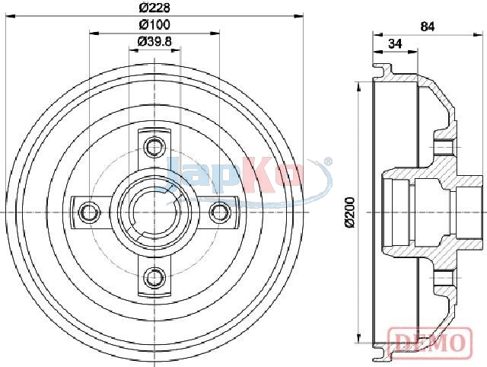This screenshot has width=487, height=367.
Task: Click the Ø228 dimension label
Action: [x=154, y=8]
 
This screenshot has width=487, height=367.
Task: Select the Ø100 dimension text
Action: [x=154, y=25]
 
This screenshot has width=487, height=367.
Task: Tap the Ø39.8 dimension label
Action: [x=154, y=42]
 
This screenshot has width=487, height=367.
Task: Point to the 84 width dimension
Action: [x=428, y=27]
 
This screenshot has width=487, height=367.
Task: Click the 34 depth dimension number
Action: [x=395, y=44]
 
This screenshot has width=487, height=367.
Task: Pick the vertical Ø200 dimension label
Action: [x=350, y=212]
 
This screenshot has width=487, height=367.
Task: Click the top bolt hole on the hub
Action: [x=154, y=146]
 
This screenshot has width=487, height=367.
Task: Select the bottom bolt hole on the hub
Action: [x=154, y=277]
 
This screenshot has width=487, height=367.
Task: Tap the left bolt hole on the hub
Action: [x=90, y=212]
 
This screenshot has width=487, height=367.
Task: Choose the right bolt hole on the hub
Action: [x=220, y=212]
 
